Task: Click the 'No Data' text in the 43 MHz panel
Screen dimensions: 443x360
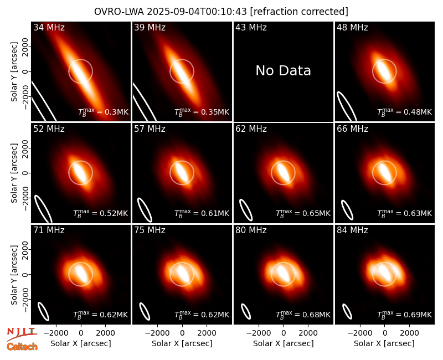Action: pos(283,71)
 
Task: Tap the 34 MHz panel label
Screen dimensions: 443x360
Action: pos(49,27)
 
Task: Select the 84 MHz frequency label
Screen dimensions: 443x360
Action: pos(352,230)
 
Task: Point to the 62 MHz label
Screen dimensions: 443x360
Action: pos(251,129)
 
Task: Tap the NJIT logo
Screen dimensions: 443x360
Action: pos(22,333)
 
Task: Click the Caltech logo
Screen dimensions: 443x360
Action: pos(22,347)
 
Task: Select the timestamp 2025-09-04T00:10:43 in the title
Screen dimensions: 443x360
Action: pos(197,12)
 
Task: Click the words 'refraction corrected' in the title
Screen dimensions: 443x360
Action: pos(299,12)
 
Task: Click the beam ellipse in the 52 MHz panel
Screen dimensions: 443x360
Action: pos(43,209)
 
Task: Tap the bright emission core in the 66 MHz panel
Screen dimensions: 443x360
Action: pos(384,172)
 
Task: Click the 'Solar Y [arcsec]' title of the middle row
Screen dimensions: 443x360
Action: pos(14,173)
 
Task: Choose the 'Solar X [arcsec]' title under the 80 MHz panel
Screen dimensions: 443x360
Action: pos(283,343)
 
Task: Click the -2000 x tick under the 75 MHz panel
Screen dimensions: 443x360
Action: pos(157,333)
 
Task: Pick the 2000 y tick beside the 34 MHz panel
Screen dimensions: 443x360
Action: pos(25,47)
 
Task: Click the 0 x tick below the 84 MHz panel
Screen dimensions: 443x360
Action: pos(384,333)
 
